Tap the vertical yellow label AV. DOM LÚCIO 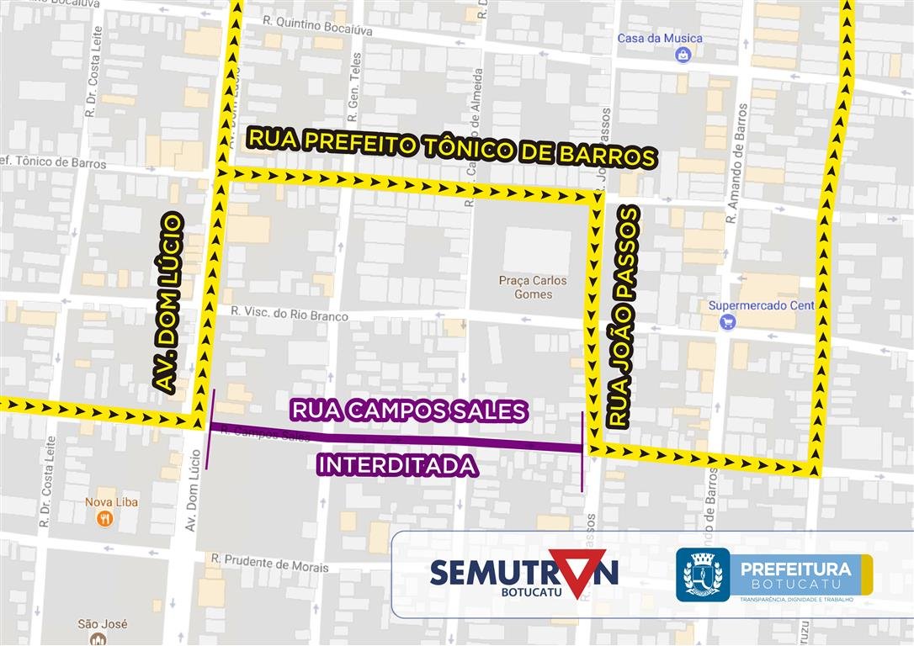pos(168,303)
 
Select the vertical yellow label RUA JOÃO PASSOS pos(624,317)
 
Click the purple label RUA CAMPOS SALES pos(408,410)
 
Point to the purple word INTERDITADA pos(397,465)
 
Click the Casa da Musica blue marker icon pos(683,56)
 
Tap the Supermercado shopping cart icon pos(727,321)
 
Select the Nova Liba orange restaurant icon pos(105,519)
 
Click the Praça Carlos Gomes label pos(533,287)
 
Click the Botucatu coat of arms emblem pos(702,575)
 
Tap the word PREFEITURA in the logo pos(795,569)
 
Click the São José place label pos(102,624)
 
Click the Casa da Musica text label pos(659,38)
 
